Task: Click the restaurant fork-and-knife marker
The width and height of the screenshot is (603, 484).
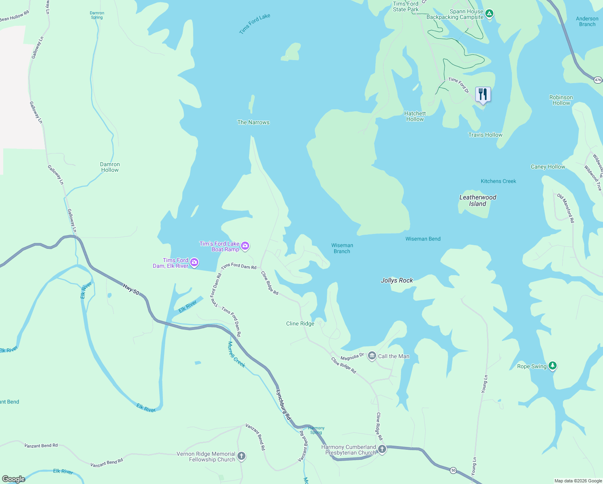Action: [x=483, y=94]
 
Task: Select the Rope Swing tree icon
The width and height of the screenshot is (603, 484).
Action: [x=553, y=366]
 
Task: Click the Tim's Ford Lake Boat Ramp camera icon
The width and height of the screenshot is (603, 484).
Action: [x=245, y=246]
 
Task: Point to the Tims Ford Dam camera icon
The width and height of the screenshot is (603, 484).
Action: [x=194, y=263]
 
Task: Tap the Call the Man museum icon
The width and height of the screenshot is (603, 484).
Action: [x=372, y=356]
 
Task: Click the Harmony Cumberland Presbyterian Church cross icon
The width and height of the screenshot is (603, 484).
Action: [x=382, y=449]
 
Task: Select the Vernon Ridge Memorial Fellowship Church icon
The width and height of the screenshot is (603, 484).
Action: [x=241, y=456]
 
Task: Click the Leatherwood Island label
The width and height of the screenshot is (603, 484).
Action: [x=478, y=200]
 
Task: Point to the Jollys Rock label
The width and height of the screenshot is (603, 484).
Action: [x=397, y=280]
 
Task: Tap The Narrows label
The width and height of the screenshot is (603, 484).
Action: [x=253, y=122]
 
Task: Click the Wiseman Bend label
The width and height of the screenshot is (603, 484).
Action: [x=423, y=239]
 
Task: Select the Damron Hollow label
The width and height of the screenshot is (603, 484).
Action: [x=110, y=167]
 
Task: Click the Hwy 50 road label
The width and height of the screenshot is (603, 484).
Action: [x=131, y=289]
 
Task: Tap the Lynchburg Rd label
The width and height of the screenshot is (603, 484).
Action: [x=283, y=405]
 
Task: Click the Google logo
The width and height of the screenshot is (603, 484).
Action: [x=14, y=479]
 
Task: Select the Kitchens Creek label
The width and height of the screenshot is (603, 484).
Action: [x=498, y=181]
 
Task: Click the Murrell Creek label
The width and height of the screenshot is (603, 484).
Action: [x=236, y=355]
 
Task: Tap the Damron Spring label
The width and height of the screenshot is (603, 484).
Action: [x=97, y=15]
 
